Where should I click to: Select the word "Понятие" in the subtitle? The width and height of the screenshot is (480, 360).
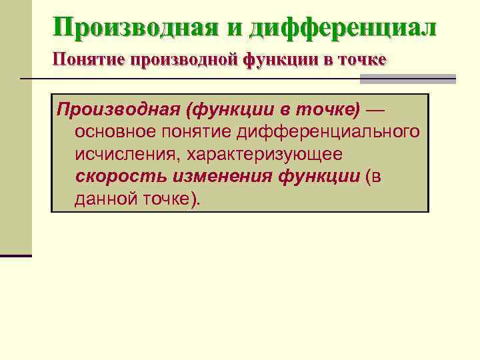(x=91, y=61)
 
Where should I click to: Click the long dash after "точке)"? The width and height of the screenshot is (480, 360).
(x=380, y=108)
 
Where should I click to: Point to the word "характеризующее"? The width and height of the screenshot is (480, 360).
(x=264, y=155)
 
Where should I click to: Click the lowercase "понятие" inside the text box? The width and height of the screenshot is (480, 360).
(x=197, y=131)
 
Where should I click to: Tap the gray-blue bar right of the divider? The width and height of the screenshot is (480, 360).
(x=407, y=79)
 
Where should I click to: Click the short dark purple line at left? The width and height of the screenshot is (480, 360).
(x=15, y=255)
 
